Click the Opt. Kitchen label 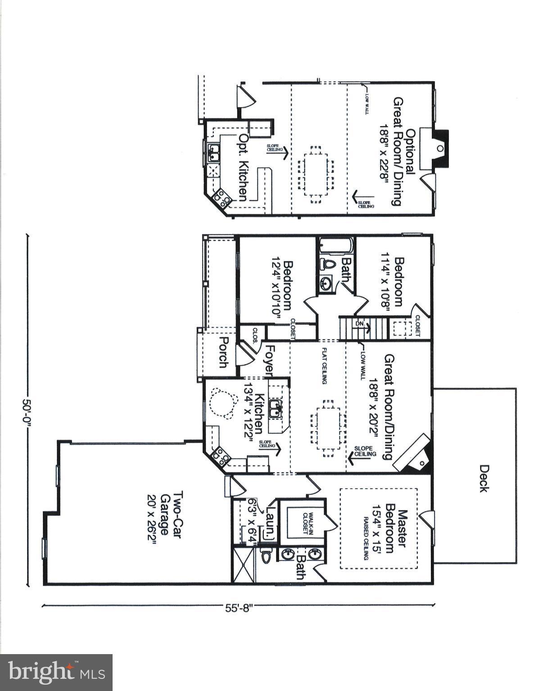(243, 167)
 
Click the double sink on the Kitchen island (275, 408)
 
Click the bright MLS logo (56, 673)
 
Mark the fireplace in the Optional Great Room (438, 148)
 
